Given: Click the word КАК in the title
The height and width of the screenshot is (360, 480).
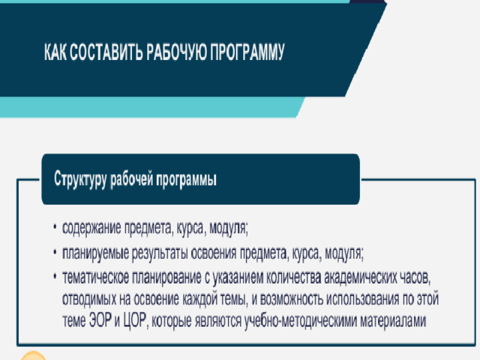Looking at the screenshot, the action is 55,52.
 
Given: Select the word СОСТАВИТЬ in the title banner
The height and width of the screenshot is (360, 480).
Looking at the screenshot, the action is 106,52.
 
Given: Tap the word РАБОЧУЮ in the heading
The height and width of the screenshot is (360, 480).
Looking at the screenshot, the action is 176,52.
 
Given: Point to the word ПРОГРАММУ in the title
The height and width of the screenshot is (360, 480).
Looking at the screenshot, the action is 247,52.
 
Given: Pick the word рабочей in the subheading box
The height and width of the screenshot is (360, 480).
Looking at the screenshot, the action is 132,178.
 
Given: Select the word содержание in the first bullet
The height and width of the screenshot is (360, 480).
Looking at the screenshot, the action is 91,228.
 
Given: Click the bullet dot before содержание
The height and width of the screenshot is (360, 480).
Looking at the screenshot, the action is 55,227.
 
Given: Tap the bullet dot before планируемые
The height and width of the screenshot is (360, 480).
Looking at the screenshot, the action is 55,253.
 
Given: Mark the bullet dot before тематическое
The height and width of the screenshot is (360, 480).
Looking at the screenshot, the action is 55,277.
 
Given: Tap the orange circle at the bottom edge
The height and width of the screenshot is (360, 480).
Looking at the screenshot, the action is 33,356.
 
